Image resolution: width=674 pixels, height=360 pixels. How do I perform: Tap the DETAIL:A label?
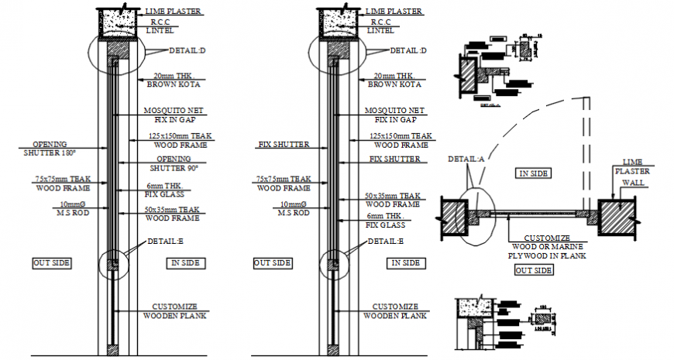click(x=466, y=159)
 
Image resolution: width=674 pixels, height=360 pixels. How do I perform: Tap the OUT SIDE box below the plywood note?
click(x=534, y=270)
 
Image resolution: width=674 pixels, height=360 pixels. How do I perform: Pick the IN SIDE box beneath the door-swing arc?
click(x=535, y=174)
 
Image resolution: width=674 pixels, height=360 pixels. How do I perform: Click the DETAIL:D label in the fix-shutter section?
click(x=407, y=50)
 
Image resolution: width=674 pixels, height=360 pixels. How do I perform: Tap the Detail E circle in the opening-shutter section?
click(x=113, y=264)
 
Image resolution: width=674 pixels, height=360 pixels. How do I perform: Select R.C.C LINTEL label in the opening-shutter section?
click(x=163, y=26)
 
